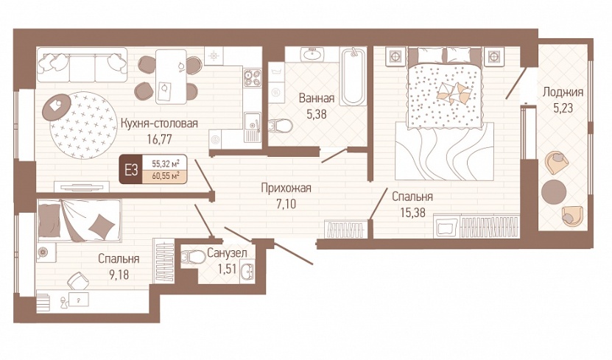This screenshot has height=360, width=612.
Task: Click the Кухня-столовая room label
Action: pyautogui.click(x=159, y=123)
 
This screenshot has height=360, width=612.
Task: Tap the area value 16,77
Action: pyautogui.click(x=159, y=139)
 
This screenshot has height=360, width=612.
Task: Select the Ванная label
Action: pyautogui.click(x=317, y=99)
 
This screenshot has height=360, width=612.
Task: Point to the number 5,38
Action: pyautogui.click(x=317, y=114)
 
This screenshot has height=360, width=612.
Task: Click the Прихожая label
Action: pyautogui.click(x=286, y=188)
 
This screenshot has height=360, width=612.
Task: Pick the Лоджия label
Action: pyautogui.click(x=563, y=92)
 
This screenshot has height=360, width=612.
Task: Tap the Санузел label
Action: pyautogui.click(x=227, y=253)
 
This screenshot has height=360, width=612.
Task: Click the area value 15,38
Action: pyautogui.click(x=412, y=212)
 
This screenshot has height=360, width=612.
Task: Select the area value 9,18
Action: pyautogui.click(x=119, y=275)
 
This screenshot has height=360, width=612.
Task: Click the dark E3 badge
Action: pyautogui.click(x=131, y=170)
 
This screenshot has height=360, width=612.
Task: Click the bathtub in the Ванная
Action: pyautogui.click(x=353, y=77)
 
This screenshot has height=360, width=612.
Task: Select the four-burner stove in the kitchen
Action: pyautogui.click(x=253, y=77)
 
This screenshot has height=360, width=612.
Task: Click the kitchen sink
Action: pyautogui.click(x=253, y=127)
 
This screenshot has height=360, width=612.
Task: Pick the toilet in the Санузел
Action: pyautogui.click(x=194, y=258)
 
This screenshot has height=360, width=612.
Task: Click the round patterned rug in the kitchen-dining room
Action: pyautogui.click(x=83, y=125)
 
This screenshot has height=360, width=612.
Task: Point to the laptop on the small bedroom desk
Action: pyautogui.click(x=79, y=300)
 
